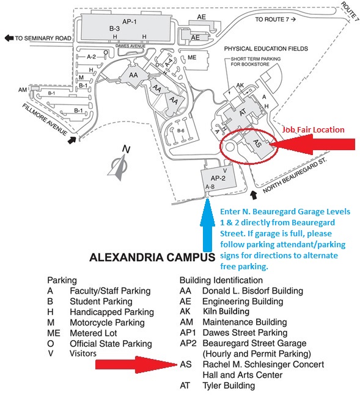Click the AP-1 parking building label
click(x=129, y=22)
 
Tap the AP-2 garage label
click(x=218, y=178)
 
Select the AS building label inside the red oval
click(x=257, y=143)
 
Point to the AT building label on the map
click(x=243, y=112)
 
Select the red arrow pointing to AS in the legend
click(x=136, y=364)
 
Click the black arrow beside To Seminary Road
click(x=9, y=38)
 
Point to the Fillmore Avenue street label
click(x=45, y=120)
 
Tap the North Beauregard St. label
click(x=295, y=176)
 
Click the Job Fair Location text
click(x=313, y=129)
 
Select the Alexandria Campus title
click(x=152, y=258)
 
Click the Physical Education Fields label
click(x=266, y=49)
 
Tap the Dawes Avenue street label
click(x=130, y=46)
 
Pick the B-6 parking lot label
click(x=181, y=131)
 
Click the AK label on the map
click(x=240, y=85)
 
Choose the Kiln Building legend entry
click(x=215, y=311)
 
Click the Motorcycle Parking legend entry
click(x=96, y=322)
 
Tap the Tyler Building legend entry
click(x=218, y=385)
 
